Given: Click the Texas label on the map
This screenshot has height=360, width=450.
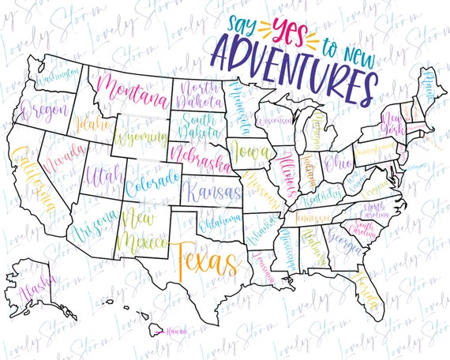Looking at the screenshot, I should [x=204, y=259].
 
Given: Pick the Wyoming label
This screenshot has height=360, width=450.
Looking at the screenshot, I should [x=140, y=138].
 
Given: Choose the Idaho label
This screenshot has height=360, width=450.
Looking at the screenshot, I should [x=88, y=125].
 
